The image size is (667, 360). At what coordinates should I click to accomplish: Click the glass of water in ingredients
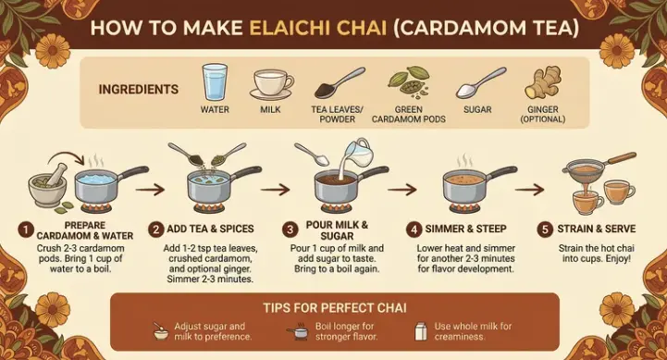click(x=215, y=82)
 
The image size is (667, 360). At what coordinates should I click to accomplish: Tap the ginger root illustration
click(x=541, y=83)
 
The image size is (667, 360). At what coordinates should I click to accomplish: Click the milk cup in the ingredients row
click(x=271, y=85)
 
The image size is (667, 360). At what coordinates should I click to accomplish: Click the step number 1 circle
click(x=26, y=230)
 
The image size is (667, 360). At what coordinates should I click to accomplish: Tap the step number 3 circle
click(x=290, y=230)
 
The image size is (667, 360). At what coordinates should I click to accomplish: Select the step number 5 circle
click(x=545, y=230)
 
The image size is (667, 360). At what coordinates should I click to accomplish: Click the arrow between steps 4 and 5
click(x=529, y=189)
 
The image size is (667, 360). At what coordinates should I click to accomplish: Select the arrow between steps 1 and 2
click(x=150, y=189)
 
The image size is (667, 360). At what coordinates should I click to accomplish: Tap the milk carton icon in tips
click(x=421, y=331)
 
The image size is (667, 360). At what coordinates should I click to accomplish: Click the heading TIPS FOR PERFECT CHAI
click(x=335, y=307)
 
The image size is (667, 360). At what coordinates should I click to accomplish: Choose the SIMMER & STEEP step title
click(x=466, y=229)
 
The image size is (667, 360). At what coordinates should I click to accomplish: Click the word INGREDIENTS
click(x=139, y=90)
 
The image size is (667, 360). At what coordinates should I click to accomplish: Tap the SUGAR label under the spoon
click(x=477, y=110)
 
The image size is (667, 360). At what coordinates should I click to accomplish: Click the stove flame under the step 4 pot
click(x=465, y=208)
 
